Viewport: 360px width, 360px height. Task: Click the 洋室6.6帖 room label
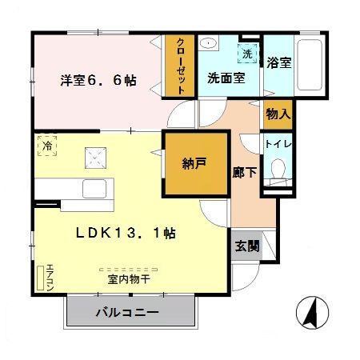pyautogui.click(x=98, y=80)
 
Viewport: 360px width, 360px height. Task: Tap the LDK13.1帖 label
pyautogui.click(x=126, y=233)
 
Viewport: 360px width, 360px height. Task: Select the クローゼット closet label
pyautogui.click(x=181, y=66)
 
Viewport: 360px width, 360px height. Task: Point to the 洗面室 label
pyautogui.click(x=226, y=78)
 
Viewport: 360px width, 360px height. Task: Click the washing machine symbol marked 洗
pyautogui.click(x=247, y=54)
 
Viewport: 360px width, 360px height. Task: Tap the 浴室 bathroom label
pyautogui.click(x=279, y=62)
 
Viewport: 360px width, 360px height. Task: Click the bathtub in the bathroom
pyautogui.click(x=310, y=65)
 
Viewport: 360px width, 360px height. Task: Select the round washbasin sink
pyautogui.click(x=208, y=43)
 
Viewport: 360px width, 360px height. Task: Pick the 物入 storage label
pyautogui.click(x=278, y=114)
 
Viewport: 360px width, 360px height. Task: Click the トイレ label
pyautogui.click(x=278, y=144)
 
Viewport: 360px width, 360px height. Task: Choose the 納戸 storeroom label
pyautogui.click(x=194, y=163)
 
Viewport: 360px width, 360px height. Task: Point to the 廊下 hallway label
pyautogui.click(x=244, y=172)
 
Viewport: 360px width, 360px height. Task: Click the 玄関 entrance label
pyautogui.click(x=247, y=246)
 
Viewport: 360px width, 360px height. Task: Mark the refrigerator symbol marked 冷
pyautogui.click(x=47, y=146)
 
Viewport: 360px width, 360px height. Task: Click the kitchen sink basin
pyautogui.click(x=94, y=189)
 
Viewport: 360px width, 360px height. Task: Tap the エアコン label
pyautogui.click(x=50, y=278)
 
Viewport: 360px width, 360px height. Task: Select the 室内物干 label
pyautogui.click(x=129, y=279)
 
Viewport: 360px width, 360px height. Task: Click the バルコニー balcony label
pyautogui.click(x=127, y=312)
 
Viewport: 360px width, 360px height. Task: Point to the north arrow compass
pyautogui.click(x=312, y=312)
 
